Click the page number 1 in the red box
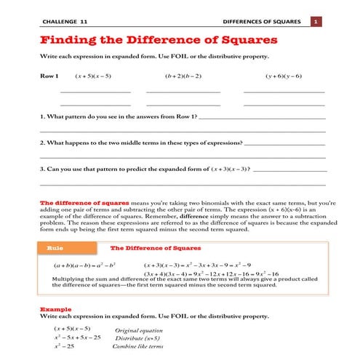coord(316,22)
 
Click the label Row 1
coord(49,76)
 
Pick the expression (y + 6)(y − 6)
coord(284,76)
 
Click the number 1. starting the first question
coord(42,116)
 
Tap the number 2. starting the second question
coord(42,143)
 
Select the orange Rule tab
coord(55,248)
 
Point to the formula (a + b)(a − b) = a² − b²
coord(85,265)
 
